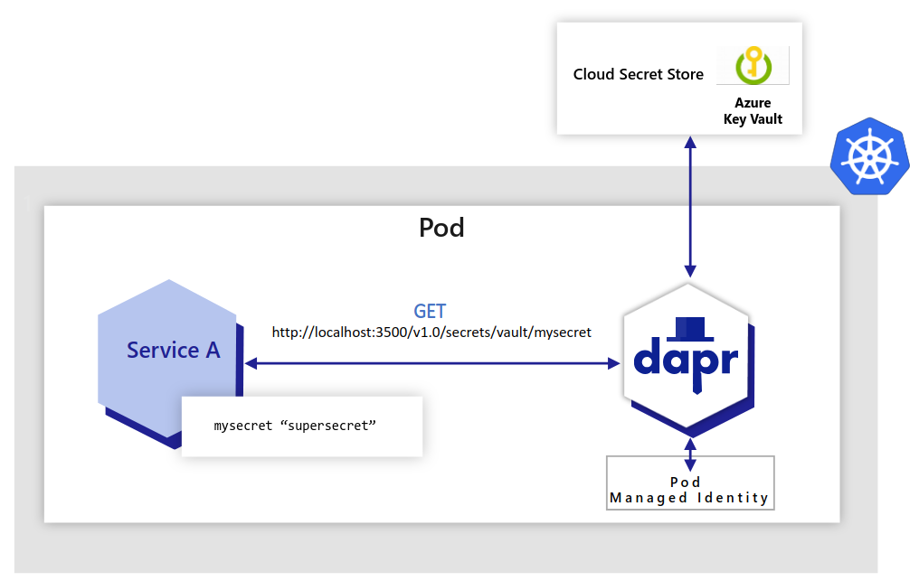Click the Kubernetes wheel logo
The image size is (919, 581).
868,155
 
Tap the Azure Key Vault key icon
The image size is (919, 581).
753,66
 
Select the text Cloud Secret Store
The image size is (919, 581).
638,75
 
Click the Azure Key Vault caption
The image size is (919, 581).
753,111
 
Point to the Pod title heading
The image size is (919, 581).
441,227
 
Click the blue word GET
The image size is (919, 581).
430,312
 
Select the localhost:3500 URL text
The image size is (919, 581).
431,333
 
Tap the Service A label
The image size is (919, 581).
173,351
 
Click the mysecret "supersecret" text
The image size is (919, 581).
294,425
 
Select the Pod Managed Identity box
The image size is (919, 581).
689,489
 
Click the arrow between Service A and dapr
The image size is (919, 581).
431,363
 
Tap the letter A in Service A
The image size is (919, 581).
213,351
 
